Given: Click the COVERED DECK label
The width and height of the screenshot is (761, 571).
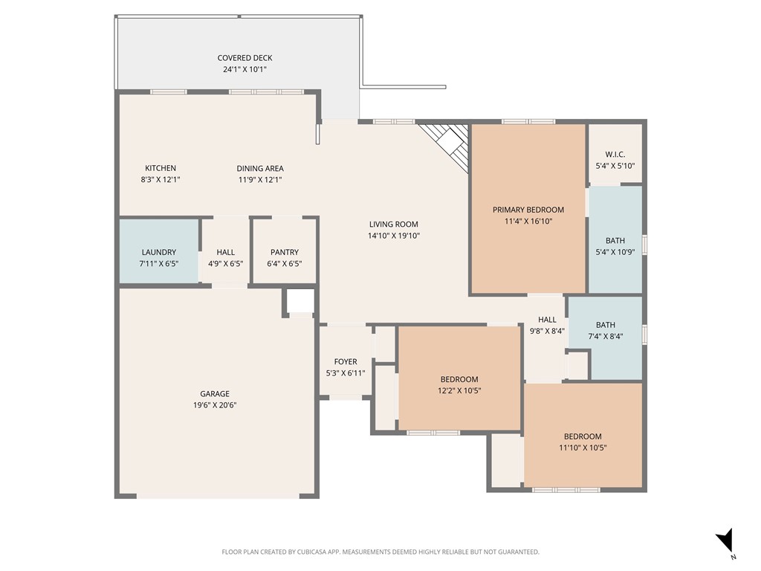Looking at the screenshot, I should pos(245,58).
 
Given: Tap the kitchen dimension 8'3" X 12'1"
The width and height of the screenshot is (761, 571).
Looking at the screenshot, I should pos(161,179).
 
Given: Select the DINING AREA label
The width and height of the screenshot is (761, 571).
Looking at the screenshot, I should pos(260,168).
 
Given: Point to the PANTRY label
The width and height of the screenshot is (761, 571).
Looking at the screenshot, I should pos(285,252).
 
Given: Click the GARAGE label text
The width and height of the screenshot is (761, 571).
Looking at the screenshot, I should pos(215,394).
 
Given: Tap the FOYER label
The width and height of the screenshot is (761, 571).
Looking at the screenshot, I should pos(346,361).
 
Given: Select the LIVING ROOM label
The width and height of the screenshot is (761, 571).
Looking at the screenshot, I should pos(393,224).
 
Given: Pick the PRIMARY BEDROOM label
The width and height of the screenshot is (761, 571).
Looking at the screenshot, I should pos(528,210).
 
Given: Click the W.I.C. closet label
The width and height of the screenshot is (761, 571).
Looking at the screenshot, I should pos(615,155).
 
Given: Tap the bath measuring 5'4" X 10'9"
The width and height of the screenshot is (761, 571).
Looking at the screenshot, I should pos(615,246).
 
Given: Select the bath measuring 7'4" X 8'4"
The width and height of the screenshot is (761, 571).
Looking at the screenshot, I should pos(605,331).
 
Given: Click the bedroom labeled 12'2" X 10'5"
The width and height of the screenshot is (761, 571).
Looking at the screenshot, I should pos(459,384).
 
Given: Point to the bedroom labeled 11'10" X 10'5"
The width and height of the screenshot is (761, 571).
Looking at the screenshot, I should pos(583,442).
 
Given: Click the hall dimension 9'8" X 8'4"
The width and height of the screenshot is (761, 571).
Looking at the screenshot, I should pos(547,332).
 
